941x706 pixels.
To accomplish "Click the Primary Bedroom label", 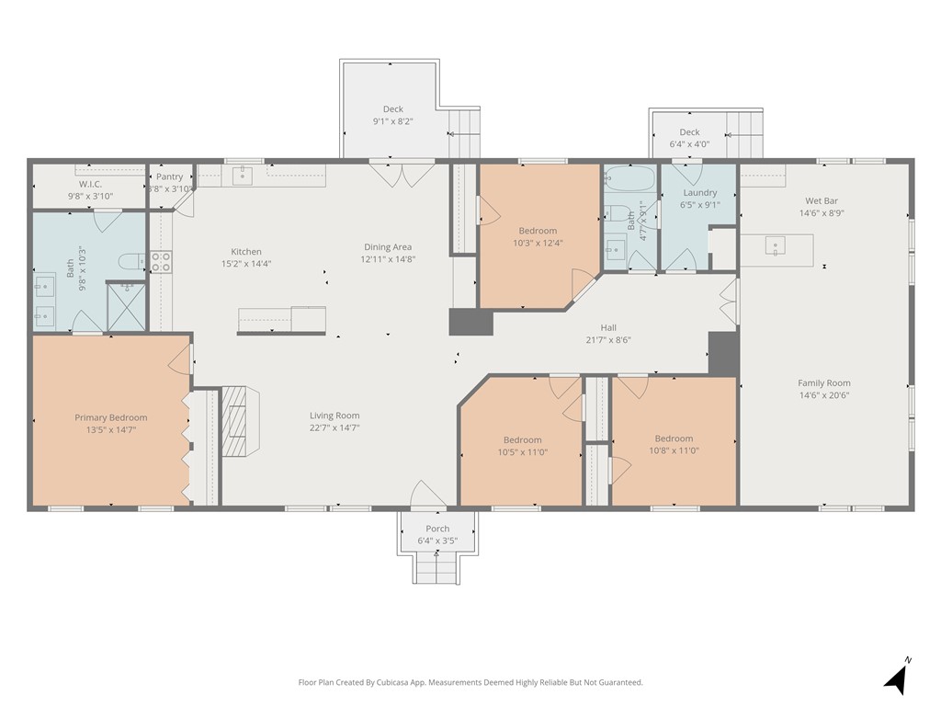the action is [x=111, y=418].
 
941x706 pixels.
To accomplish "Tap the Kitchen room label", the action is [x=246, y=252].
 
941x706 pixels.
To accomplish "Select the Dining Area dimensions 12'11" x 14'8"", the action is [x=388, y=259].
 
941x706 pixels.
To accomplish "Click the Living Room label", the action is [x=334, y=416].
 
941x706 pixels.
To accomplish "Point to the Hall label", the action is [x=608, y=328].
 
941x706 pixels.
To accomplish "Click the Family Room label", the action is [x=824, y=383].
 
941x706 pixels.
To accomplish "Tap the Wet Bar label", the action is [x=822, y=201].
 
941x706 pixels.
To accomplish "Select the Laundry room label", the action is [x=699, y=193].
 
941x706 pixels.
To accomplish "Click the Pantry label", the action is [x=170, y=176].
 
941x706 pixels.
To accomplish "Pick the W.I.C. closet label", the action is [x=91, y=184].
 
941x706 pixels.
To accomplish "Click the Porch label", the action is [x=437, y=529].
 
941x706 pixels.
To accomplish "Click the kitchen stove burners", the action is [x=161, y=262].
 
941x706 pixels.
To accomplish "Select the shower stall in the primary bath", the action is [x=126, y=307].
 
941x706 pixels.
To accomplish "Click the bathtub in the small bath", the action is [x=629, y=178].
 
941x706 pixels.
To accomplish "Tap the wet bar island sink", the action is [x=775, y=246].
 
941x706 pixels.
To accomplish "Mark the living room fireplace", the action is [x=240, y=421].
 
